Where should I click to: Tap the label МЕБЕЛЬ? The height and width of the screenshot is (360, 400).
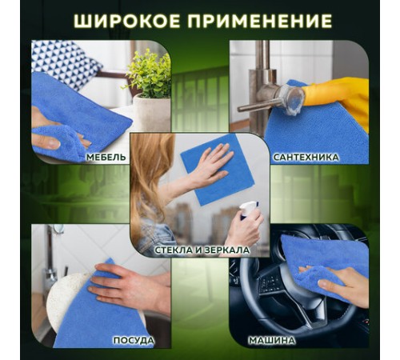106,157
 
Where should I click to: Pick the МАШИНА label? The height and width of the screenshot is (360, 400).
294,340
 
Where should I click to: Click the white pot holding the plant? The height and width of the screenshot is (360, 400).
149,112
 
